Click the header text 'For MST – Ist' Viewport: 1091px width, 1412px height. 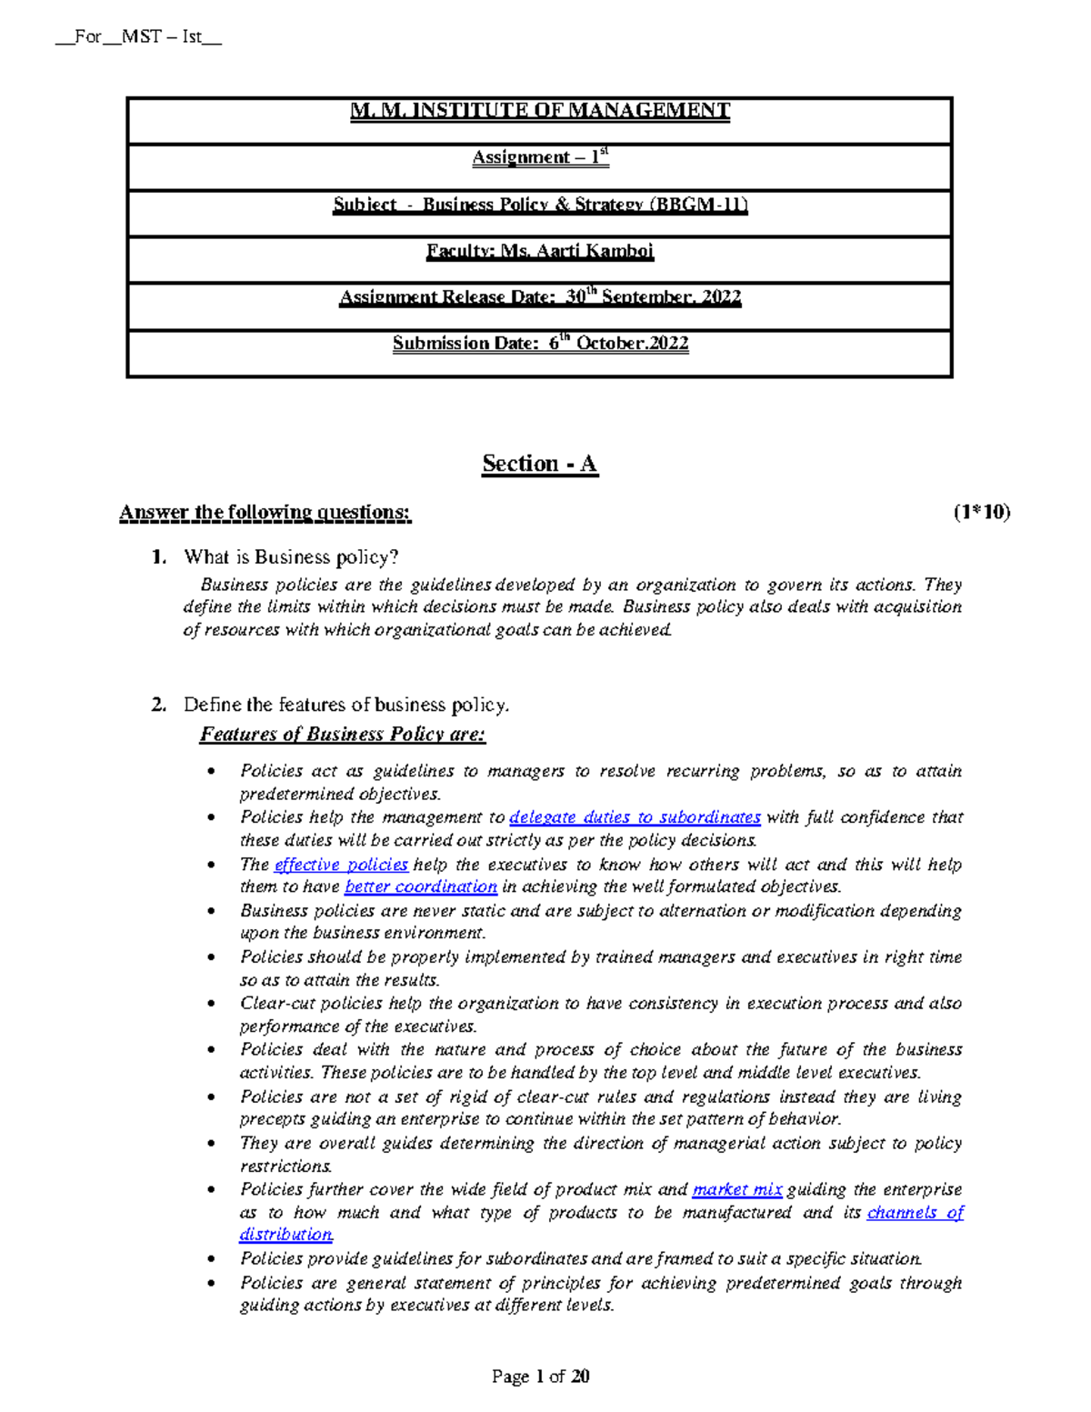tap(138, 37)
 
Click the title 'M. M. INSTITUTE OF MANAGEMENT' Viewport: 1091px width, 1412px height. tap(540, 111)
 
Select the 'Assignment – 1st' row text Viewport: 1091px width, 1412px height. tap(540, 157)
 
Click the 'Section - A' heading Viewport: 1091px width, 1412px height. tap(540, 465)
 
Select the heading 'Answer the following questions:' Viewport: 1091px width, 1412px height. tap(265, 513)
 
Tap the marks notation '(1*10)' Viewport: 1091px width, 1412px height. tap(982, 513)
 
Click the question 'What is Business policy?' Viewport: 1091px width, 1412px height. tap(291, 557)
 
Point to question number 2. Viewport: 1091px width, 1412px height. tap(159, 705)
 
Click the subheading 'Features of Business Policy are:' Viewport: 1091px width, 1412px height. tap(343, 735)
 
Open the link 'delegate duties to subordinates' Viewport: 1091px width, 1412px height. tap(635, 817)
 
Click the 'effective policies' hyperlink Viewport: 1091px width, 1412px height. tap(341, 865)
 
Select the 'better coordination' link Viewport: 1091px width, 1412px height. tap(421, 886)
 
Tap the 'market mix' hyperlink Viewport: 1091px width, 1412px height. tap(737, 1190)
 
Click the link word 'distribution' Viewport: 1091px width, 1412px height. tap(286, 1235)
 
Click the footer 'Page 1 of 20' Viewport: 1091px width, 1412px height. tap(540, 1377)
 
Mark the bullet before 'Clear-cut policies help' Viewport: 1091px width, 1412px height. tap(212, 1005)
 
